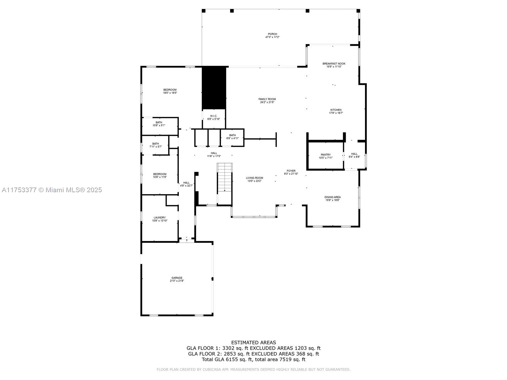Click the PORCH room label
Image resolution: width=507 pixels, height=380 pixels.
click(x=272, y=34)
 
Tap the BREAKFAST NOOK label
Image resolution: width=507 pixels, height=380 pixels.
click(x=334, y=64)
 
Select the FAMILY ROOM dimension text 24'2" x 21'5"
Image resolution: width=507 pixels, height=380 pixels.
click(x=267, y=102)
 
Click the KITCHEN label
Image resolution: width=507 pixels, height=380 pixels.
click(x=336, y=110)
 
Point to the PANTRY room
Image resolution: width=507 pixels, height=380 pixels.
click(x=325, y=156)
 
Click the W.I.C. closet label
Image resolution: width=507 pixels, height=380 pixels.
click(x=214, y=116)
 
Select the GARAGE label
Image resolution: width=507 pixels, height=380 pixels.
click(x=177, y=278)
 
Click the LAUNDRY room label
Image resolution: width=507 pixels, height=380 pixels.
click(x=159, y=218)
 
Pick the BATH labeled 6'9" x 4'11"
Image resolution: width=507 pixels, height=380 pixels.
click(x=232, y=137)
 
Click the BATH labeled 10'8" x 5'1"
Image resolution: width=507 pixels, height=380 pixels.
click(x=159, y=124)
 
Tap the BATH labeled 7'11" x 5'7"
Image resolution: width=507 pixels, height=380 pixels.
click(x=155, y=145)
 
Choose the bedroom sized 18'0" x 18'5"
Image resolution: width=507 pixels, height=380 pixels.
click(x=170, y=91)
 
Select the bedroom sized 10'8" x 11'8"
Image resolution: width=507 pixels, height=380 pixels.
click(x=160, y=175)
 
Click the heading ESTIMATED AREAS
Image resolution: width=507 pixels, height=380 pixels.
click(x=253, y=342)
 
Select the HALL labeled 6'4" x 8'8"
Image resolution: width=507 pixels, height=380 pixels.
click(x=354, y=155)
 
